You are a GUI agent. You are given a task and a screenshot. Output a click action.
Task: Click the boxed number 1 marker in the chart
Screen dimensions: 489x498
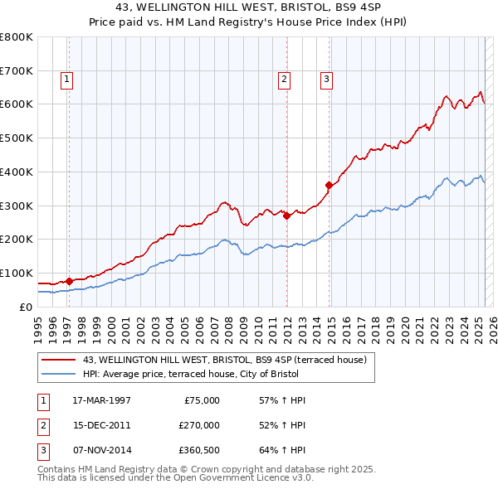click(66, 80)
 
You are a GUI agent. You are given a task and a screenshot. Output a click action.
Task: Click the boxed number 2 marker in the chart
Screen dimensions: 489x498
click(284, 80)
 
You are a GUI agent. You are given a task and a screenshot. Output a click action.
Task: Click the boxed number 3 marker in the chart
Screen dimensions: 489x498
click(326, 80)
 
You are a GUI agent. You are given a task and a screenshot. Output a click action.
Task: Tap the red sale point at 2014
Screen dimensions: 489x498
click(330, 185)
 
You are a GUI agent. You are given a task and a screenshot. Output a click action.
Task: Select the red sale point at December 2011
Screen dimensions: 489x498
click(286, 215)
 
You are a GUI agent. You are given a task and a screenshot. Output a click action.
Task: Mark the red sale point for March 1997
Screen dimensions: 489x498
click(70, 281)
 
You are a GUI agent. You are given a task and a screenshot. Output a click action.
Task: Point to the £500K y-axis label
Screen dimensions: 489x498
click(16, 138)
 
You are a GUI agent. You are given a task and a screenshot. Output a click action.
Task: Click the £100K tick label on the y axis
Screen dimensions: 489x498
click(16, 273)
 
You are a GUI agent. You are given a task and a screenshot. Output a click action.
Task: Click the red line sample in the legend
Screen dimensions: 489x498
click(59, 359)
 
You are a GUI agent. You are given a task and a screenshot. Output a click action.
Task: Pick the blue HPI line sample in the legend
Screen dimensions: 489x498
click(59, 374)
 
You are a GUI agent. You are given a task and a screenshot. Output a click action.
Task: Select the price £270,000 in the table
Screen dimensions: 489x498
click(199, 425)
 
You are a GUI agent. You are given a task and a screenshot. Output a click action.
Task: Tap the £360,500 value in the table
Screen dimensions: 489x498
click(199, 450)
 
